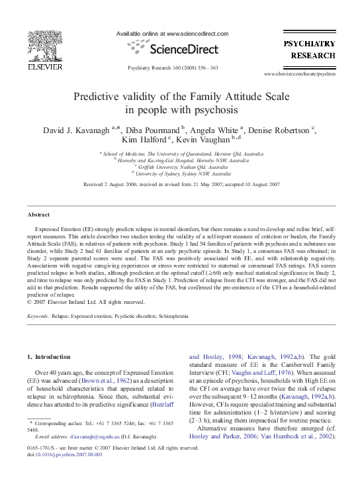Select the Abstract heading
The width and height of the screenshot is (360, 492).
(38, 215)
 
